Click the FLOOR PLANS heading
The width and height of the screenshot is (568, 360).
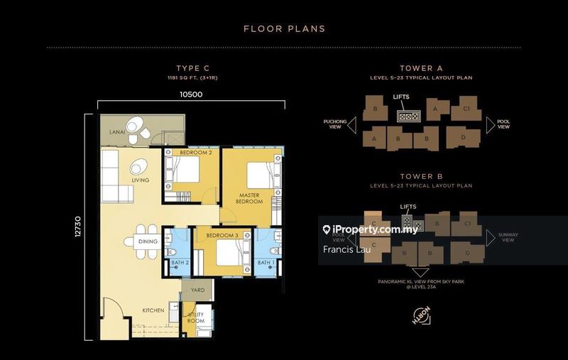284,29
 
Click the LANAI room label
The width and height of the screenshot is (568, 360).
118,131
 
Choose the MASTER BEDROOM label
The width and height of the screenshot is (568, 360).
251,198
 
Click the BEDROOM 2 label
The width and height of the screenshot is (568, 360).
196,153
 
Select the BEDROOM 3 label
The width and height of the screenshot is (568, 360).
222,235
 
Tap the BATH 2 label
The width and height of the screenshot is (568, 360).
180,263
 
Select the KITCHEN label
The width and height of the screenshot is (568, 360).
153,310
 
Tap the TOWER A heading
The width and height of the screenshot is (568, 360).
421,68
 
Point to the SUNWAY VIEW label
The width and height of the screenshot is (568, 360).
506,237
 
